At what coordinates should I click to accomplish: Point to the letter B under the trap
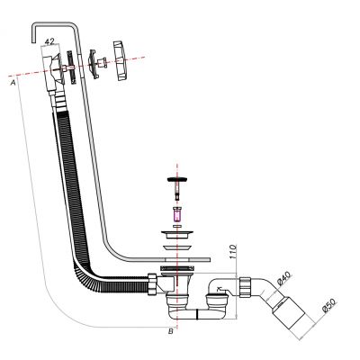[170, 331]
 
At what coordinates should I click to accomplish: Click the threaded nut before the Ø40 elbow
[245, 287]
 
